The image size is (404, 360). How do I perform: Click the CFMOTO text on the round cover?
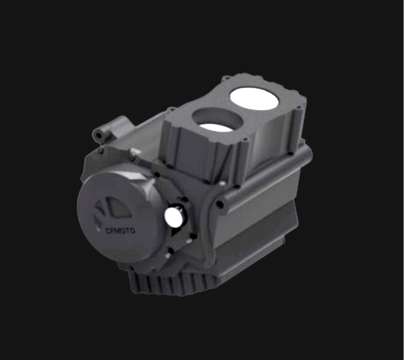click(120, 231)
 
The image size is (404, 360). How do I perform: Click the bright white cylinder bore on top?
click(254, 99)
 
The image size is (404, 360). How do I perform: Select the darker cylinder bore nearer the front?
click(218, 120)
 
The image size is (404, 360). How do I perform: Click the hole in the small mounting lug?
click(98, 136)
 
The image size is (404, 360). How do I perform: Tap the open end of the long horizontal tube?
click(220, 205)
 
